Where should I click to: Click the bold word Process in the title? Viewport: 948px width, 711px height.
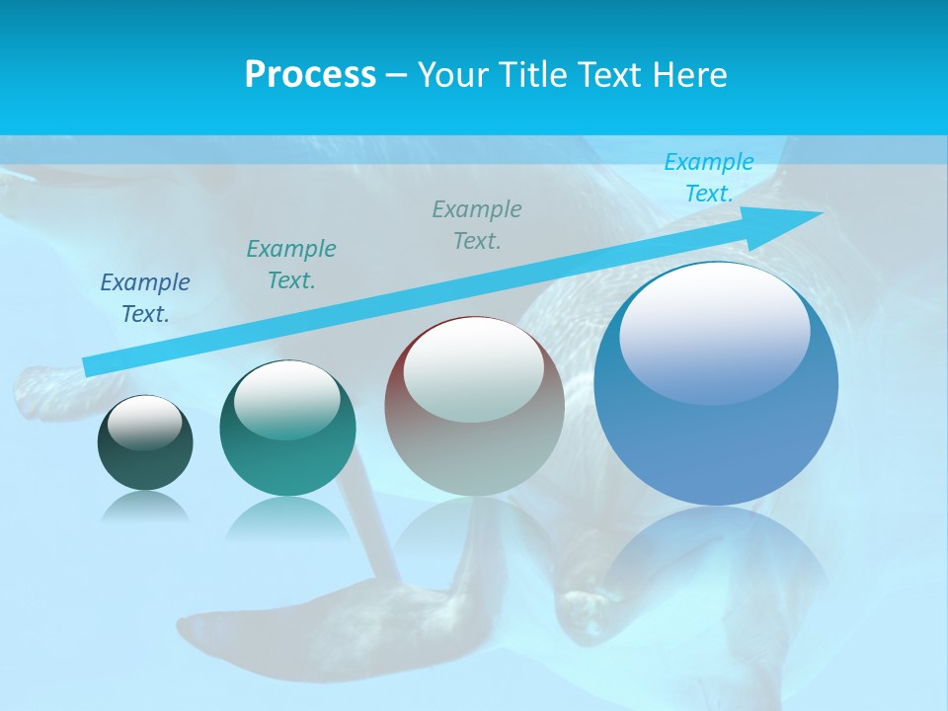click(x=310, y=75)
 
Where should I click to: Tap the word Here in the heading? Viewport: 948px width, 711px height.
click(x=690, y=75)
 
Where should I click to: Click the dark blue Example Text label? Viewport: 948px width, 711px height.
click(x=145, y=297)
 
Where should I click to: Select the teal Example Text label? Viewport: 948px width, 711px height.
click(x=290, y=264)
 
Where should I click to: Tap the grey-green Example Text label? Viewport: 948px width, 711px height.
click(x=477, y=224)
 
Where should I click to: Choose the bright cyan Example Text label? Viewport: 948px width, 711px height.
click(x=708, y=178)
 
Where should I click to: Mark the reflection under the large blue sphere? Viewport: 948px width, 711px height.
click(x=716, y=553)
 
